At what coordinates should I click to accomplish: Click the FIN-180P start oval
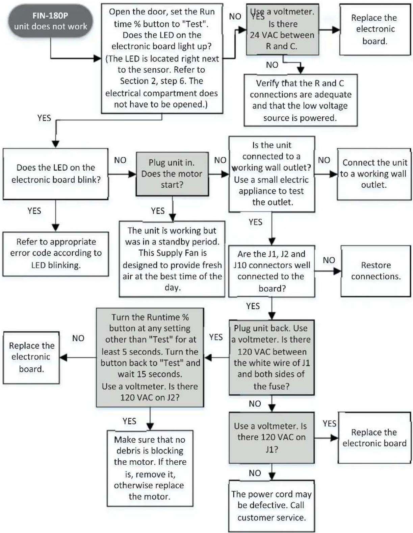51,21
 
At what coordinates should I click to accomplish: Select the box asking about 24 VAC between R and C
283,29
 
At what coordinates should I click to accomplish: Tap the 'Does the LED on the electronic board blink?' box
56,173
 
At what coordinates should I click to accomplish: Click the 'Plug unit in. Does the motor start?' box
172,174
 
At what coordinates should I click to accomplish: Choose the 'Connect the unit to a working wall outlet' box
374,174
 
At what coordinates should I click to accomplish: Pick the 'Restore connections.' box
376,271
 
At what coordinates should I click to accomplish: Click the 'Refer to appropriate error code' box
56,254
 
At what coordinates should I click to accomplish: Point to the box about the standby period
172,259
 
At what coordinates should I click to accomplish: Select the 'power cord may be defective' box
272,506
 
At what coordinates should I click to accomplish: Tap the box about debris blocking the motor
150,468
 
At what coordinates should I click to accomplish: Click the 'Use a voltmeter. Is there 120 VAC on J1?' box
272,438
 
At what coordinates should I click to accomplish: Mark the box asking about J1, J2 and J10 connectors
272,271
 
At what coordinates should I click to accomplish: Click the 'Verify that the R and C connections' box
301,100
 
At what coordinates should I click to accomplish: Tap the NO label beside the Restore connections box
329,260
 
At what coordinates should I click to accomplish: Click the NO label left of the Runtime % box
78,338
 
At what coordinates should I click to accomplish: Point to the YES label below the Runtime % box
129,421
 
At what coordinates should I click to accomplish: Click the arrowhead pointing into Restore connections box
338,271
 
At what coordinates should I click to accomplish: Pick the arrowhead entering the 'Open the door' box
98,59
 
